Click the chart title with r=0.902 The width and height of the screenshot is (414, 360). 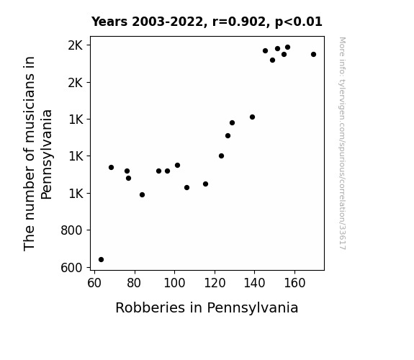coord(207,22)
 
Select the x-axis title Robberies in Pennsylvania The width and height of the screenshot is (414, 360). coord(207,308)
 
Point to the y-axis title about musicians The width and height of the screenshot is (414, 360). coord(37,153)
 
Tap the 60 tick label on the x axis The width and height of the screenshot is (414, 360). coord(94,283)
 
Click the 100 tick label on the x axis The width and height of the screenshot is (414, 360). coord(174,283)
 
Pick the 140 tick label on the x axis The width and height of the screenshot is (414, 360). coord(254,283)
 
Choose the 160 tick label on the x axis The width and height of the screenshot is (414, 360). coord(294,283)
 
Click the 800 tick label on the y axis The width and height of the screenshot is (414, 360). coord(71,230)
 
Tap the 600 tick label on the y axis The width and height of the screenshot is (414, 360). coord(71,268)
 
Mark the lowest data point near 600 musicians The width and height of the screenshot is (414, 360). coord(101,260)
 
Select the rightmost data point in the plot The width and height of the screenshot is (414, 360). coord(313,55)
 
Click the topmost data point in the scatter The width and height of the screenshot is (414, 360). coord(287,48)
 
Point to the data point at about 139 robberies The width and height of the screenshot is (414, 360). coord(252,117)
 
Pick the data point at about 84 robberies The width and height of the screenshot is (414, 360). coord(142,195)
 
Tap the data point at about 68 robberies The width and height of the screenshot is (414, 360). coord(111,168)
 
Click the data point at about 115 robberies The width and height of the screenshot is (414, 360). coord(205,184)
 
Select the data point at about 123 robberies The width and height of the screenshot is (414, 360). coord(221,156)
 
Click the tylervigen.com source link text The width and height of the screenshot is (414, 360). coord(342,143)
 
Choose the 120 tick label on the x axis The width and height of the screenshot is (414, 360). coord(215,283)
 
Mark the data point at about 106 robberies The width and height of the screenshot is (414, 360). coord(186,187)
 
